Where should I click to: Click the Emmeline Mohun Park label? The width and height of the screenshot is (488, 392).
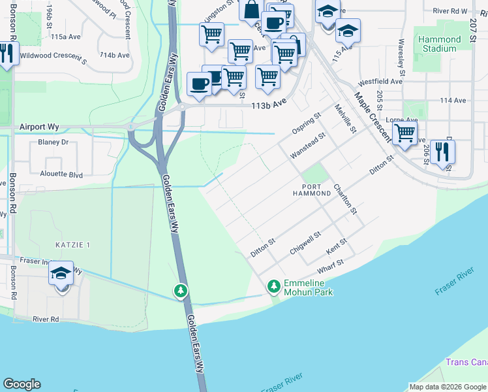308,287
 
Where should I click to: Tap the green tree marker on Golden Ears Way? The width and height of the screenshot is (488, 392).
181,290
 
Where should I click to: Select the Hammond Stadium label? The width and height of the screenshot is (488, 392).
439,44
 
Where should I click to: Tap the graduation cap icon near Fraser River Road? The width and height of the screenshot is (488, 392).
61,274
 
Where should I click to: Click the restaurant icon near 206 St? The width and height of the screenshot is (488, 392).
443,152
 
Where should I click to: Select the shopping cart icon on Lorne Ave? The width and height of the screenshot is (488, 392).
405,133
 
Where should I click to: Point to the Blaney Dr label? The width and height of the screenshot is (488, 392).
53,142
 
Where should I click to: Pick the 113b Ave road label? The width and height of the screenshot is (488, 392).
270,103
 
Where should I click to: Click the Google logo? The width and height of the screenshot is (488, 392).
22,384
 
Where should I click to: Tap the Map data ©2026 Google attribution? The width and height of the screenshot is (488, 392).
447,387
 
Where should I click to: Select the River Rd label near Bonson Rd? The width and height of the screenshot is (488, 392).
46,319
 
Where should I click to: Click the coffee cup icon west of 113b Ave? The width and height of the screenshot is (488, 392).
200,84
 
